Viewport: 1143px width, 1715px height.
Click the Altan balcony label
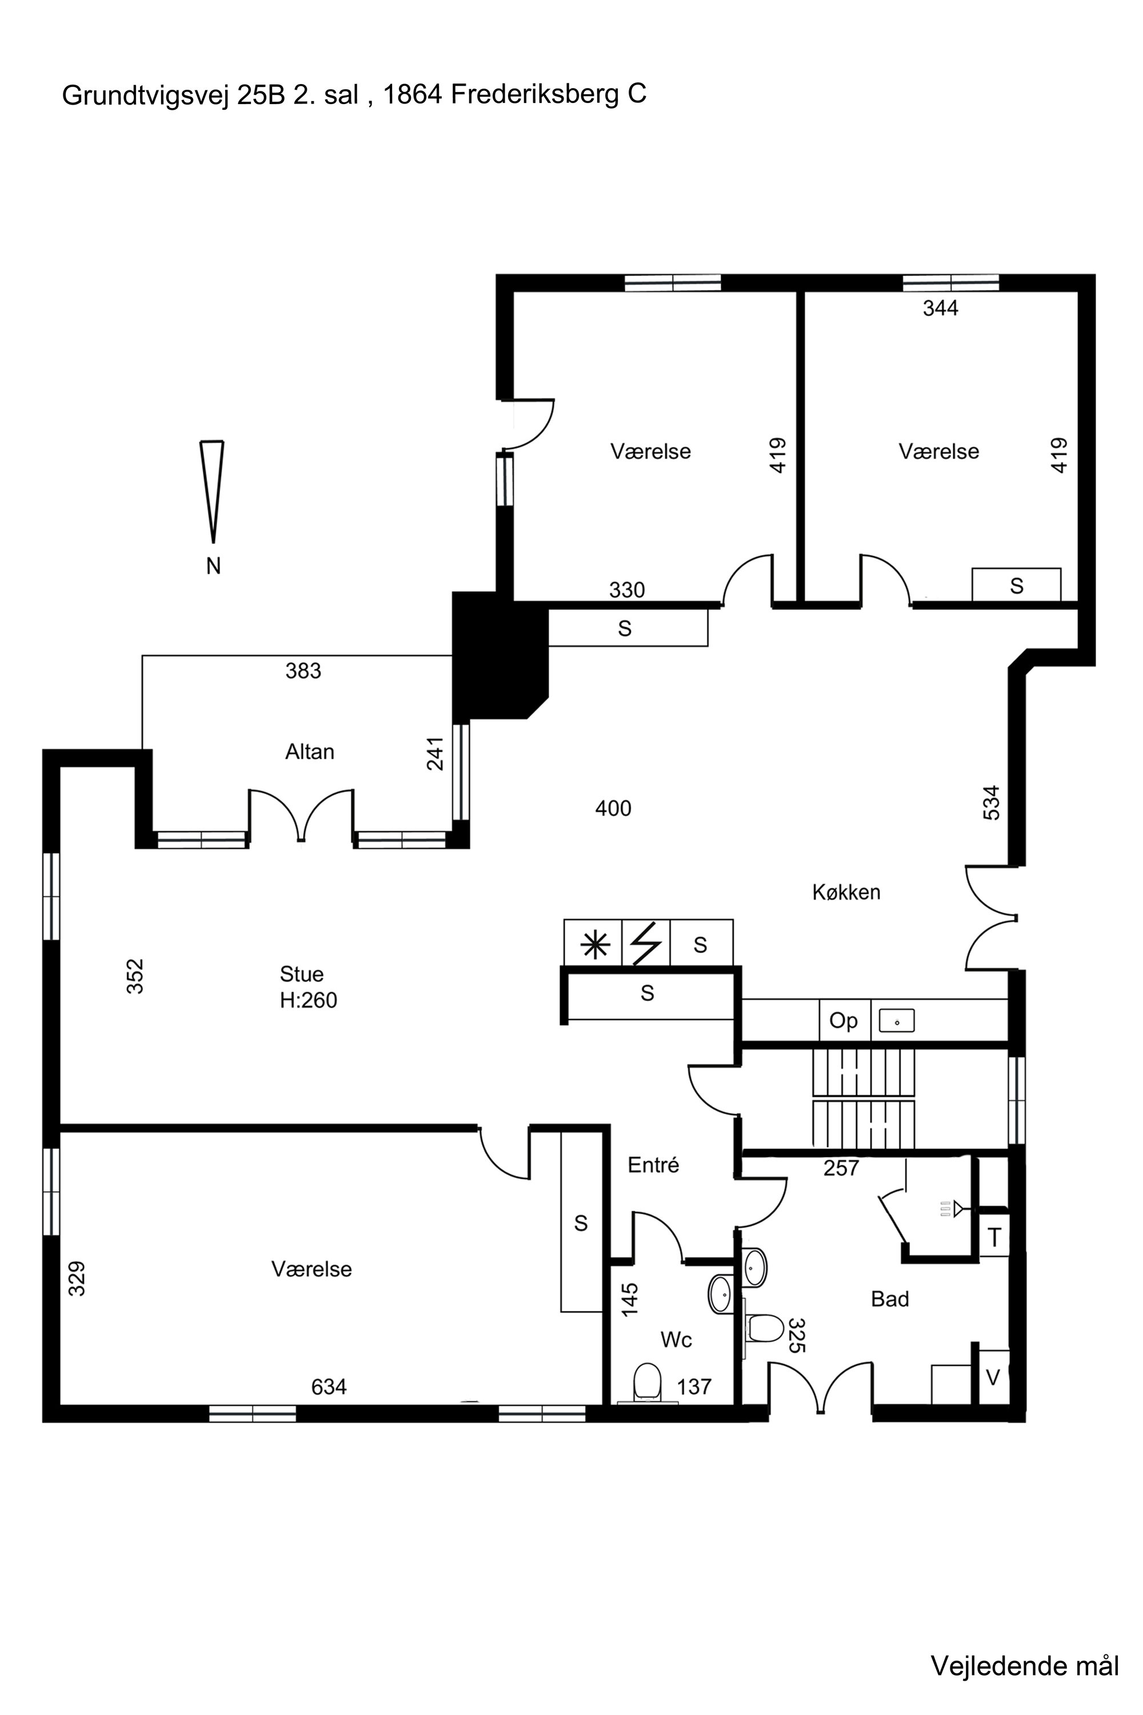309,752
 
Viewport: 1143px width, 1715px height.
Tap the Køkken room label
846,892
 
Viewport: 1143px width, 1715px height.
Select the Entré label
653,1165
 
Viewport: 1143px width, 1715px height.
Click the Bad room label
890,1299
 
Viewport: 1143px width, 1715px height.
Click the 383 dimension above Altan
303,671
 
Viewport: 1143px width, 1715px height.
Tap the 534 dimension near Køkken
992,802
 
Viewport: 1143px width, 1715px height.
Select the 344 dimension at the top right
940,309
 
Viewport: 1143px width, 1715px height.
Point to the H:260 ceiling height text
309,1000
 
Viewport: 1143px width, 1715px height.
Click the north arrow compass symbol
212,492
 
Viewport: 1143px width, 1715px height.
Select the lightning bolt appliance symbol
646,944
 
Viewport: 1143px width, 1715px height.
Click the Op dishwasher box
844,1020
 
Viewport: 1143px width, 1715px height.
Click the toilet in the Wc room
646,1382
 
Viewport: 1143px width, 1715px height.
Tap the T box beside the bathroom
994,1238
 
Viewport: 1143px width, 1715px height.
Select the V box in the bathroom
993,1377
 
